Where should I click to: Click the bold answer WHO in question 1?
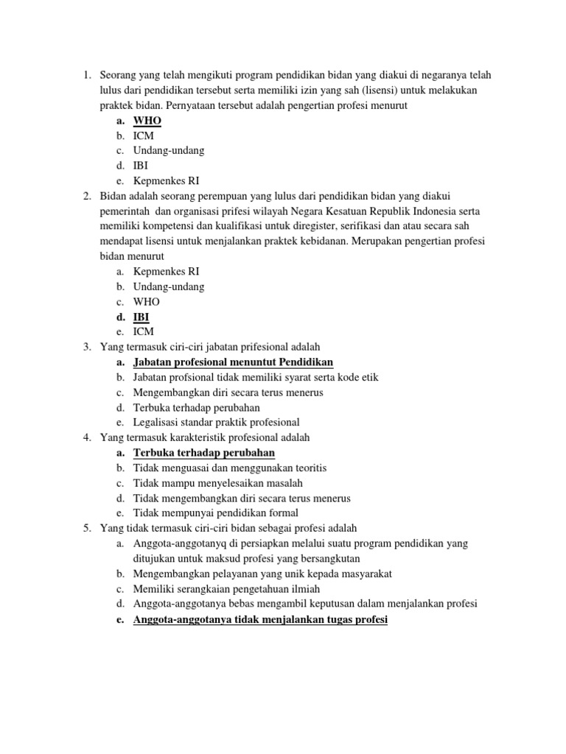tap(147, 121)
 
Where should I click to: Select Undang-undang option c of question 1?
tap(169, 150)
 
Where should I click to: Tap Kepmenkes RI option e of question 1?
tap(167, 180)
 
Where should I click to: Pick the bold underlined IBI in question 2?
tap(141, 317)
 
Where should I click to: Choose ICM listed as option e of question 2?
tap(144, 331)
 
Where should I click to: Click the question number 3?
tap(86, 347)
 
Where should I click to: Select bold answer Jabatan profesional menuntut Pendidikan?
tap(233, 362)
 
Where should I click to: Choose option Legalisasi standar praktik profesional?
tap(217, 422)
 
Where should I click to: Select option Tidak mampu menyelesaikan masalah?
tap(218, 482)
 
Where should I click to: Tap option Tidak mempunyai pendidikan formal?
tap(216, 512)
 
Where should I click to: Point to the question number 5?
tap(86, 528)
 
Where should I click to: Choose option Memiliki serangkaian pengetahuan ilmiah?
tap(226, 588)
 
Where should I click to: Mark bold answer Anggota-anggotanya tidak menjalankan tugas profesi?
tap(260, 619)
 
